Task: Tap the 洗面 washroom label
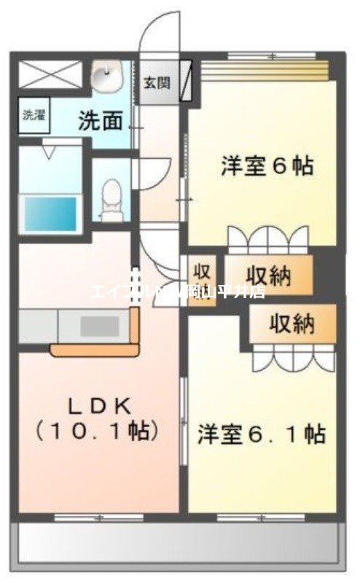[x=101, y=120]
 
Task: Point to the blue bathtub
[x=50, y=212]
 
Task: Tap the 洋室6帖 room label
[x=267, y=166]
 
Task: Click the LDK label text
[x=100, y=404]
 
